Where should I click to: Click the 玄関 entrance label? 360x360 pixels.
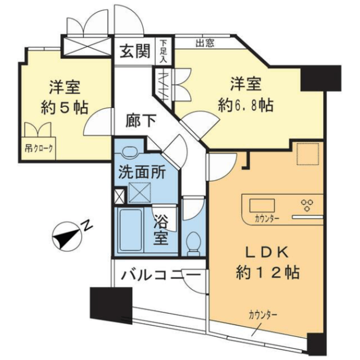135,51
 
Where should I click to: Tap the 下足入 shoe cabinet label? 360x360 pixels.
163,51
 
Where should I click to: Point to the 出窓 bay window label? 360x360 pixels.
205,43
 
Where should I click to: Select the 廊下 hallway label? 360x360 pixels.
141,121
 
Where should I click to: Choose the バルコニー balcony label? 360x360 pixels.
160,276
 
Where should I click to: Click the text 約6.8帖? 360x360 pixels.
246,106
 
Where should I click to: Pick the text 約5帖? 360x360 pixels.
65,107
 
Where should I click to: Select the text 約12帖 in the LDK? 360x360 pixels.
268,272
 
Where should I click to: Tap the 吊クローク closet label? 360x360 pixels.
39,148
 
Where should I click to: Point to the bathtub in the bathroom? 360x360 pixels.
130,230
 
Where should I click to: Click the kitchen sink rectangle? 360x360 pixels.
262,205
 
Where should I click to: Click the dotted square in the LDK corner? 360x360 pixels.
308,154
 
